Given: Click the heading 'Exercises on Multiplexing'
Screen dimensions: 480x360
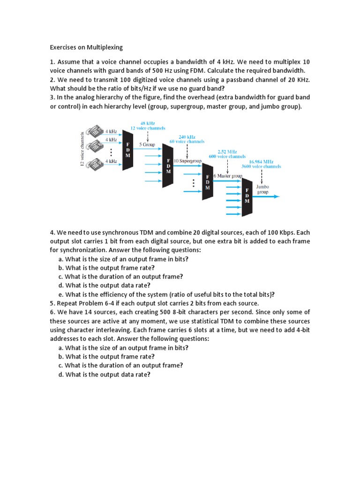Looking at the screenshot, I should click(x=86, y=47).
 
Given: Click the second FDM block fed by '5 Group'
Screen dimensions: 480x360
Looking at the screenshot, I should click(x=168, y=166).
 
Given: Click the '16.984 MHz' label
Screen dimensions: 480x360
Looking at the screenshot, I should click(x=262, y=161).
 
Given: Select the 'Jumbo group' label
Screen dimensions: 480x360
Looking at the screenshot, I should click(x=262, y=189).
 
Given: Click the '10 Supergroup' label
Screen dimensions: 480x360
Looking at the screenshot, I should click(x=187, y=160).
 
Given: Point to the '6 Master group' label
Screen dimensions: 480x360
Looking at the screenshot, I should click(x=228, y=176).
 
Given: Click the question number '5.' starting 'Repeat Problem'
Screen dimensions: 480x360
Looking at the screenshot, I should click(x=52, y=303).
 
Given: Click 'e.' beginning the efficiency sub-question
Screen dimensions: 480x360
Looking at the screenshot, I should click(x=61, y=294).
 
